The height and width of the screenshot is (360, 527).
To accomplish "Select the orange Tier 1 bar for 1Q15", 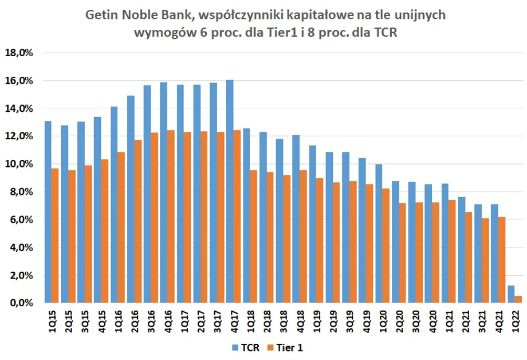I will pos(54,235).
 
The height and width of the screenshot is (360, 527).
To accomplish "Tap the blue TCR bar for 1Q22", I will pos(511,294).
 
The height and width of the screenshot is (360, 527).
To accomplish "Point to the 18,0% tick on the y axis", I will pos(20,53).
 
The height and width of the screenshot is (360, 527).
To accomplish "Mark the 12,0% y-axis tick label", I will pos(20,136).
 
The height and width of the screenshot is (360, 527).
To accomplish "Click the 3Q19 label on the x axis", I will pos(349,319).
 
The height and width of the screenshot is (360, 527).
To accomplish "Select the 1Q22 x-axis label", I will pos(514,319).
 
